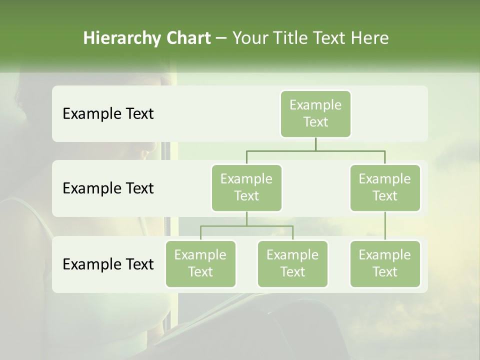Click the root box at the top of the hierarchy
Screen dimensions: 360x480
[315, 113]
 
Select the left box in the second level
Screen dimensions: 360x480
[246, 187]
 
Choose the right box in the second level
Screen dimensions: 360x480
[385, 187]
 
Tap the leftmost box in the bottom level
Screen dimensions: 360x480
[200, 263]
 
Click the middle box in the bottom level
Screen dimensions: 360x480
[292, 263]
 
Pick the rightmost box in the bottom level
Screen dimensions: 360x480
[385, 263]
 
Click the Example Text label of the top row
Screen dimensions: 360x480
[108, 114]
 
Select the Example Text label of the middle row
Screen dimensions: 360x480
[108, 188]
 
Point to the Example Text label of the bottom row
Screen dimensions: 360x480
[108, 264]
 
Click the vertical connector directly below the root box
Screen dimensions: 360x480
[315, 144]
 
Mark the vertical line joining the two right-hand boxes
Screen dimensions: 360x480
[385, 226]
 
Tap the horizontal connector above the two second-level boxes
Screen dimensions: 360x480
[315, 150]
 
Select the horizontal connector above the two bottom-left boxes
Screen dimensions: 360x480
[246, 226]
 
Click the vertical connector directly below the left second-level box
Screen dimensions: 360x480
[246, 219]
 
